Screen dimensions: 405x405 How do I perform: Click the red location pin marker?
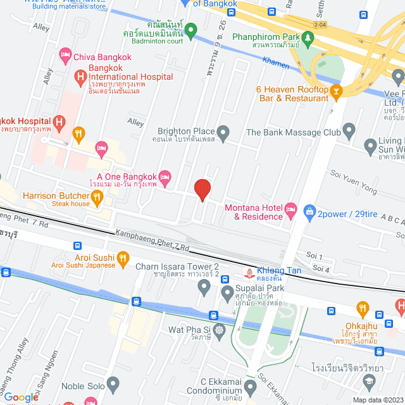[x=202, y=189]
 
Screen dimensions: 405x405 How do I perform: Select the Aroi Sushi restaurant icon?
[x=123, y=258]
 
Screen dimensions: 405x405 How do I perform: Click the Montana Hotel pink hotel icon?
[x=290, y=208]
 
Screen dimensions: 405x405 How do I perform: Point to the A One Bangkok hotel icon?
[x=165, y=176]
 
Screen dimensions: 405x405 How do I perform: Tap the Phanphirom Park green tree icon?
[x=308, y=38]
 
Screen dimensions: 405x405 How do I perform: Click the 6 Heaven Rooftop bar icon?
[x=337, y=92]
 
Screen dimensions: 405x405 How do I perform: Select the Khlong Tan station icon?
[x=249, y=273]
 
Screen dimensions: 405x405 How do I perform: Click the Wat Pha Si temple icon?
[x=219, y=330]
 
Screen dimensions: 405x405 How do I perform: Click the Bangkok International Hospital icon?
[x=80, y=77]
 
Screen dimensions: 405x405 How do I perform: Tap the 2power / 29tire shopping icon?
[x=309, y=211]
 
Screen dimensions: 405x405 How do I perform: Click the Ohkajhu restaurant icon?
[x=363, y=308]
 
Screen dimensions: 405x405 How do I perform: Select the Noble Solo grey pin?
[x=113, y=383]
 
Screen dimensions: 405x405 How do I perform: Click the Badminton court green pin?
[x=190, y=29]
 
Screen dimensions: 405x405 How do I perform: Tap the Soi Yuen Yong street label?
[x=353, y=182]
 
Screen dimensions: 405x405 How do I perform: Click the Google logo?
[x=22, y=397]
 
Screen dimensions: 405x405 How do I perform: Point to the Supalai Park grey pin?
[x=204, y=289]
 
